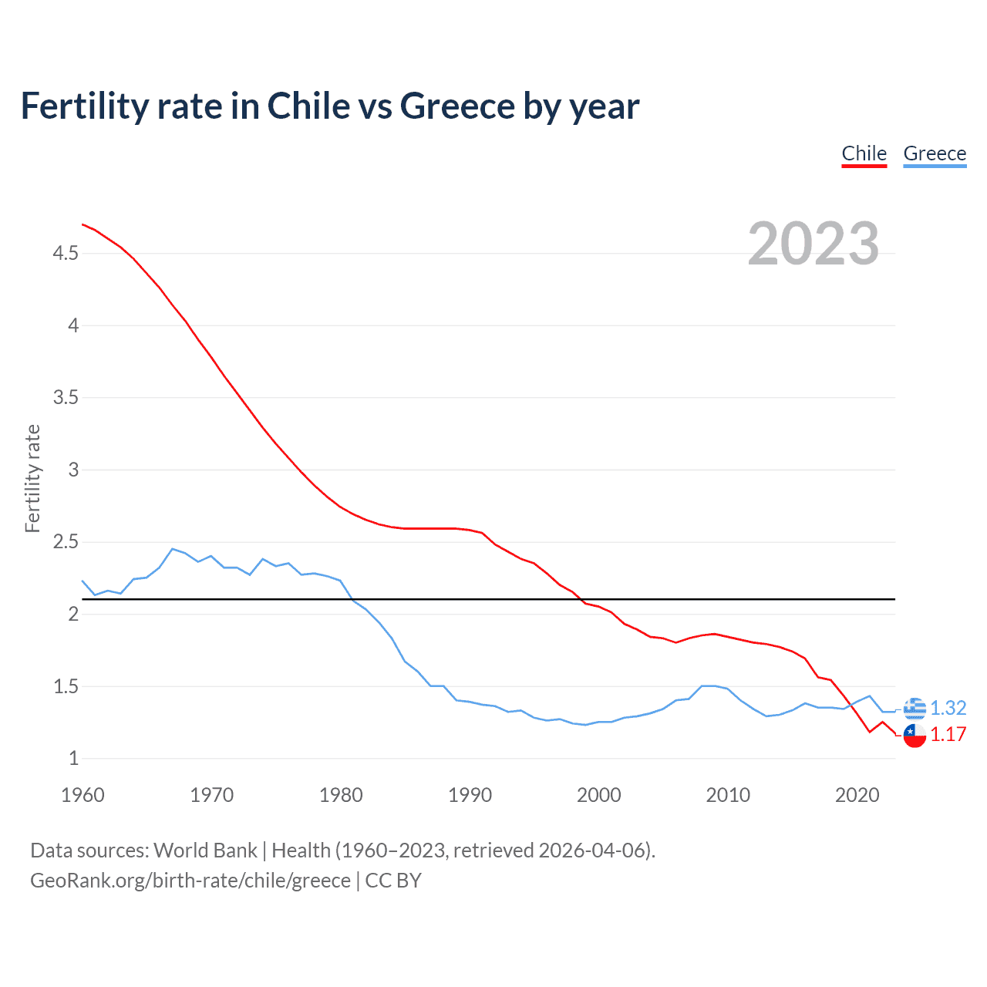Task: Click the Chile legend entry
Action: coord(864,153)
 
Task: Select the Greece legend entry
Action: coord(935,153)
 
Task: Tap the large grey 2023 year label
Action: coord(814,244)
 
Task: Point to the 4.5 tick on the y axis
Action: coord(66,253)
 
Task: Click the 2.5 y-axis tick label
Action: coord(66,542)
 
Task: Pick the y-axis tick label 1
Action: coord(74,759)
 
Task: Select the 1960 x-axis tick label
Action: coord(83,795)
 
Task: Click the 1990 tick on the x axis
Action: coord(470,795)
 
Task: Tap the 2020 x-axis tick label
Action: coord(857,795)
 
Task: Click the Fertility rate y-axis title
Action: coord(32,478)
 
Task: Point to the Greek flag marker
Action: coord(915,708)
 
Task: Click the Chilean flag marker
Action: coord(915,735)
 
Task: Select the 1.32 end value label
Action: coord(948,708)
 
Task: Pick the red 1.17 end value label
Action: coord(948,735)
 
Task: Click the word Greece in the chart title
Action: coord(457,106)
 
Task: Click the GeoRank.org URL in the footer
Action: coord(190,881)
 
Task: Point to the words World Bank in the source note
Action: coord(205,851)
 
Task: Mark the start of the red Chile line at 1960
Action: coord(83,224)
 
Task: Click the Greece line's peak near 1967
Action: coord(173,549)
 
